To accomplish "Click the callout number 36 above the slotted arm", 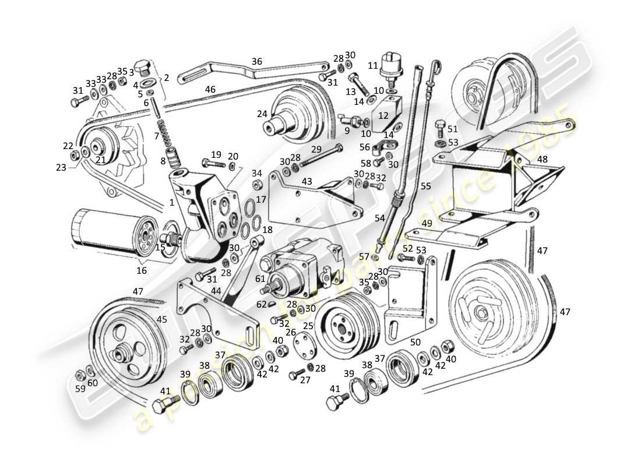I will (x=257, y=61).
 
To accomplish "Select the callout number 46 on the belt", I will (x=210, y=90).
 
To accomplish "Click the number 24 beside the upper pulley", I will (x=262, y=114).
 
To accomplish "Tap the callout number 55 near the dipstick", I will (x=425, y=186).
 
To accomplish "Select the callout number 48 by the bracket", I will (x=542, y=158).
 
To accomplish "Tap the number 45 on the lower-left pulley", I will (x=161, y=319).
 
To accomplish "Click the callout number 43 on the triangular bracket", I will (x=306, y=182).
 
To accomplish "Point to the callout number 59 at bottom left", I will (x=80, y=388).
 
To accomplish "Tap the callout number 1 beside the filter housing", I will (x=172, y=203).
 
